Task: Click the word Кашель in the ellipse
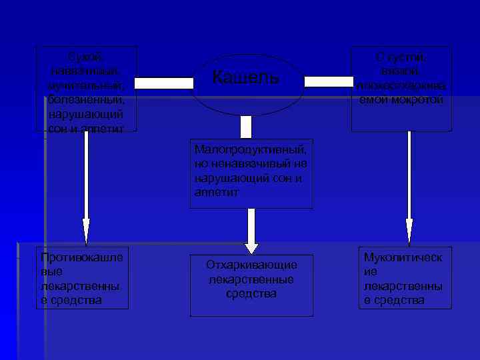(246, 78)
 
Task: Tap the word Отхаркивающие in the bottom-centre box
(251, 265)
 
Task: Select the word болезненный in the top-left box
(85, 99)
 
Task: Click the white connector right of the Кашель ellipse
(329, 82)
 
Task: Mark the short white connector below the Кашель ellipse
(246, 127)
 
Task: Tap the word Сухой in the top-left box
(86, 57)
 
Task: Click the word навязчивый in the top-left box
(85, 71)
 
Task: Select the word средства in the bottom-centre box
(251, 293)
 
